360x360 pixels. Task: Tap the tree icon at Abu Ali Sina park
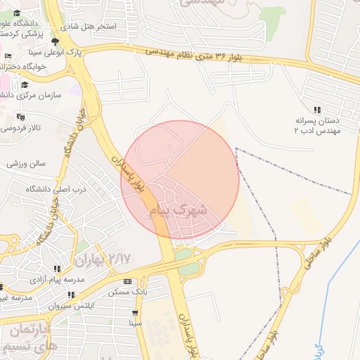pos(55,41)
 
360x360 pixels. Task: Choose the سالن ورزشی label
pos(26,163)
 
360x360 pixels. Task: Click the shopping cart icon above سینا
pos(134,313)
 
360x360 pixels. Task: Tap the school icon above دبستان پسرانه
pos(318,110)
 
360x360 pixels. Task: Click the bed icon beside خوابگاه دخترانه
pos(8,56)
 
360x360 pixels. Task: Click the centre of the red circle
pos(181,180)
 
